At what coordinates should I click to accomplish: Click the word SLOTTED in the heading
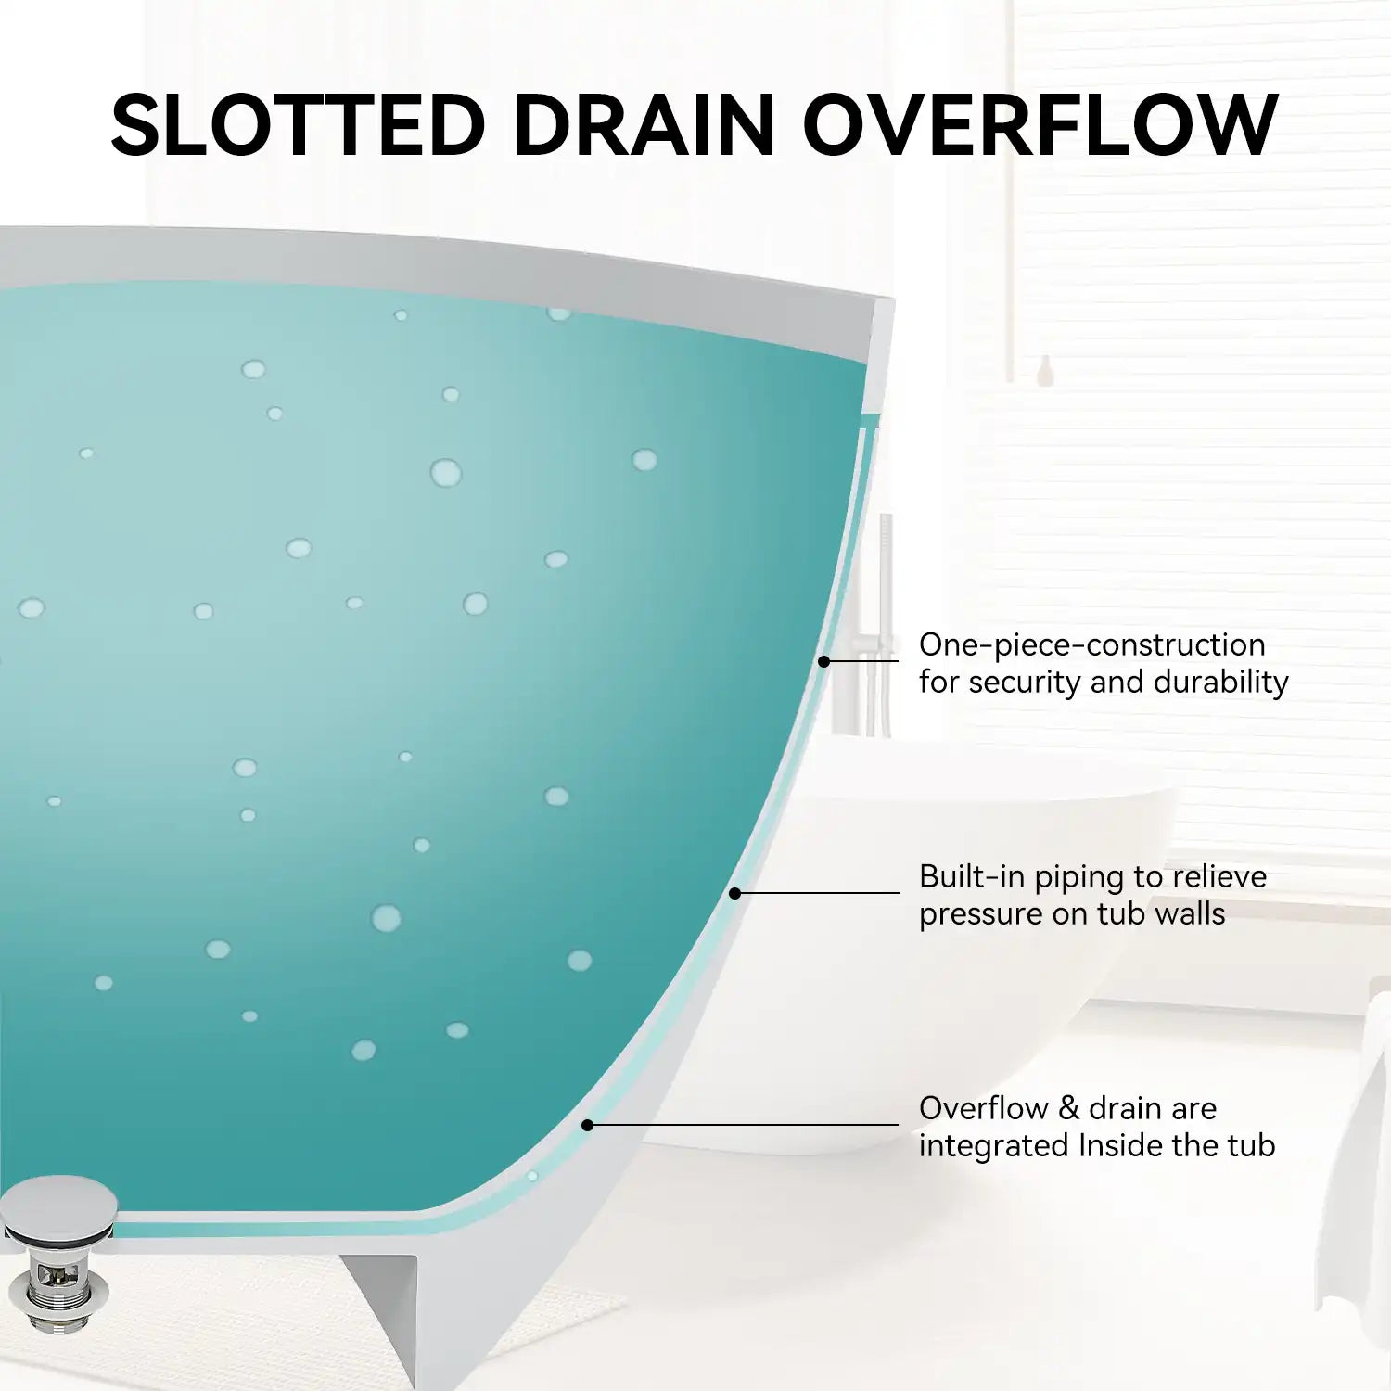(x=298, y=124)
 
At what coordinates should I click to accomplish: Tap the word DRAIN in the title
(x=644, y=124)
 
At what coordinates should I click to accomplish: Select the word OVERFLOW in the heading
(x=1040, y=124)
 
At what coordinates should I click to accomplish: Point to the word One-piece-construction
(x=1091, y=644)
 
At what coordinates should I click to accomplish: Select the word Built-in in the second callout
(x=971, y=876)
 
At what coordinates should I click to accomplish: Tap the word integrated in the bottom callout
(x=993, y=1147)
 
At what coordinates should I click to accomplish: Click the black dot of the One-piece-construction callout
(x=823, y=661)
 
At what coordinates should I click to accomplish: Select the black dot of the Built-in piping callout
(x=734, y=893)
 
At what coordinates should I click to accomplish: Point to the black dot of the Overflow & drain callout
(x=587, y=1125)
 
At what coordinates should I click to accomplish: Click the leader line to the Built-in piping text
(x=817, y=893)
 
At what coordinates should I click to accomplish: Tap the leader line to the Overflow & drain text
(x=743, y=1125)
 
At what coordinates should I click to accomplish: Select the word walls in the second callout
(x=1190, y=913)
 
